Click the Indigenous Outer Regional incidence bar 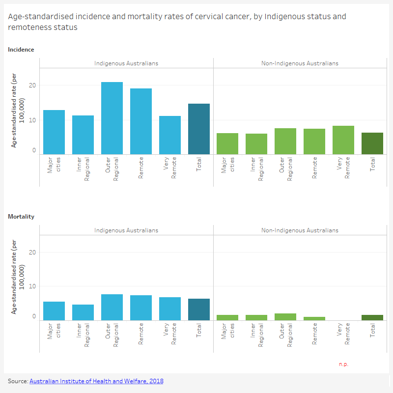[x=112, y=118]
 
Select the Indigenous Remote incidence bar [x=141, y=121]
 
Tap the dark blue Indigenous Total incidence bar [x=199, y=129]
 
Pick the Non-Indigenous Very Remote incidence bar [x=343, y=140]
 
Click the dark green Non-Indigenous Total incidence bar [x=372, y=143]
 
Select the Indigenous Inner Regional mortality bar [x=83, y=312]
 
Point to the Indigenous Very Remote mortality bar [x=170, y=309]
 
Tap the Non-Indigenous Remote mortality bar [x=314, y=318]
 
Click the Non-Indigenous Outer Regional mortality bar [x=285, y=317]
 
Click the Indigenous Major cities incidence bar [x=54, y=132]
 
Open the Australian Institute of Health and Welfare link [x=96, y=381]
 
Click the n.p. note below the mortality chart [x=343, y=364]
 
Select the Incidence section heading [x=21, y=49]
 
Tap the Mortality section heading [x=21, y=216]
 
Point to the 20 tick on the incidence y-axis [x=32, y=85]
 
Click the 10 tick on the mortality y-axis [x=32, y=286]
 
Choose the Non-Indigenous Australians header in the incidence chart [x=300, y=63]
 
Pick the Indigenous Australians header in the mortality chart [x=126, y=230]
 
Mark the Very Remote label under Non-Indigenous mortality [x=343, y=333]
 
